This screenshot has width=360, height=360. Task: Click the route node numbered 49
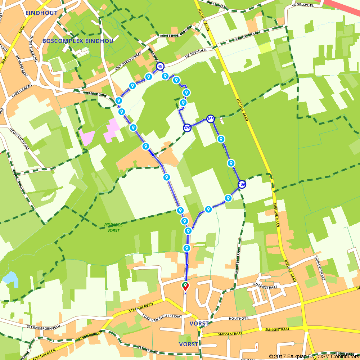click(160, 66)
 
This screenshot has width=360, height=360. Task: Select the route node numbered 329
click(187, 128)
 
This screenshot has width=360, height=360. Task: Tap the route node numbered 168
click(211, 118)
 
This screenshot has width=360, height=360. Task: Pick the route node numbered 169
click(242, 185)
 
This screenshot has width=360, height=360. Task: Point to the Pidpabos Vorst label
click(113, 228)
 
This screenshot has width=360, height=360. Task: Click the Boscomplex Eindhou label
click(78, 41)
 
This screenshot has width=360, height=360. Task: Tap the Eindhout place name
click(37, 13)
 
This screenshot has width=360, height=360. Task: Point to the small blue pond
click(10, 279)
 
